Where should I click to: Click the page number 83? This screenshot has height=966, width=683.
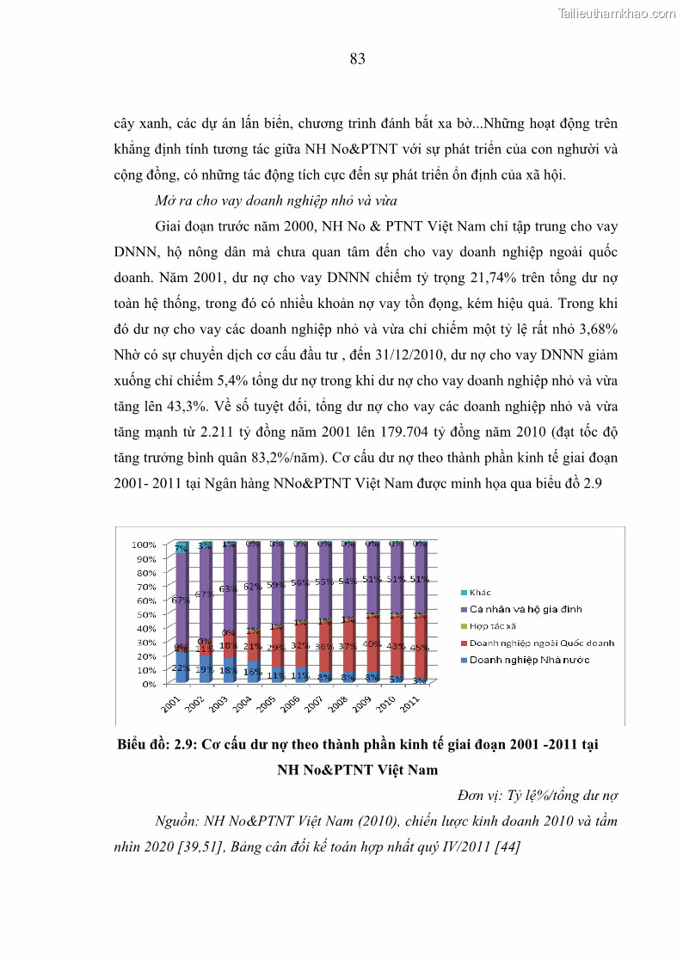coord(358,59)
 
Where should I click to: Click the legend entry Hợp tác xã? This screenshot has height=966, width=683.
coord(491,625)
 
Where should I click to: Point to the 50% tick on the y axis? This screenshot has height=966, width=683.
coord(144,614)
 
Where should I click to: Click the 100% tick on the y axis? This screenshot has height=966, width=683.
coord(144,545)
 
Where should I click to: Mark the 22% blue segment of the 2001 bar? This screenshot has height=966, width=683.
coord(182,668)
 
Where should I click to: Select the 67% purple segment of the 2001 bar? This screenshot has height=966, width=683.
coord(182,600)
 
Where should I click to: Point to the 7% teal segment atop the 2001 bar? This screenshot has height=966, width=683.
coord(182,547)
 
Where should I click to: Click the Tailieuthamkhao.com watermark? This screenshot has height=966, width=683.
coord(617,14)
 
